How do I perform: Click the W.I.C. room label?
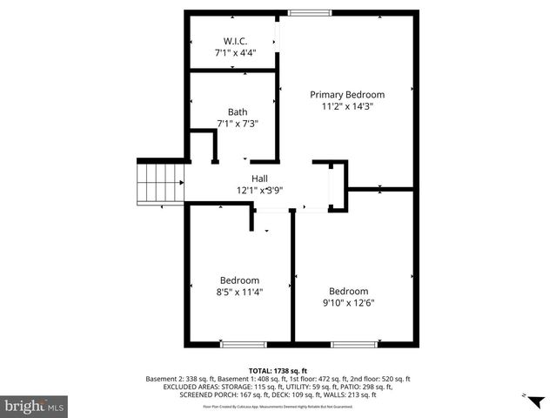[x=235, y=41]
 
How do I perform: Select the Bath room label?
[x=238, y=111]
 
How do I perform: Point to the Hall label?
[x=259, y=178]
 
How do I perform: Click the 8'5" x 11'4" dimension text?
[x=239, y=292]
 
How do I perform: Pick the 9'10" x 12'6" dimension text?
[x=348, y=303]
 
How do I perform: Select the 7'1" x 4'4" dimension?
[x=235, y=53]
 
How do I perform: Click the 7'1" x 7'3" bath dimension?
[x=238, y=124]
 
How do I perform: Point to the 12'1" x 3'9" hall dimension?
[x=259, y=190]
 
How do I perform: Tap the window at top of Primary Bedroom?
[x=304, y=13]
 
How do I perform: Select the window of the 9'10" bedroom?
[x=353, y=345]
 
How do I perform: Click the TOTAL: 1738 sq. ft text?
[x=278, y=371]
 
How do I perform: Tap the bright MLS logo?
[x=35, y=406]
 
